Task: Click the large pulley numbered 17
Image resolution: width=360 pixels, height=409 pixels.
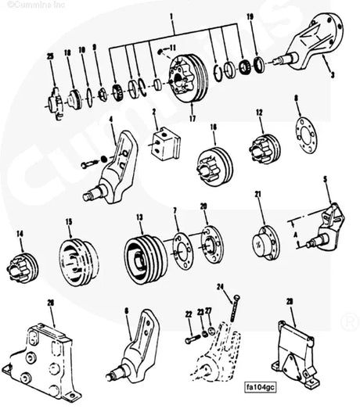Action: point(188,77)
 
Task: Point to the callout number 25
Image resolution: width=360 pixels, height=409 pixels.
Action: point(49,57)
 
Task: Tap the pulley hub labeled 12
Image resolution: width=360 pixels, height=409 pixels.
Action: point(261,146)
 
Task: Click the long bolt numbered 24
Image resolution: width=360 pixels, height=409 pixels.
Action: point(232,313)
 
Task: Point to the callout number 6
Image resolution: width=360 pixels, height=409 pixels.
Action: point(126,310)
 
